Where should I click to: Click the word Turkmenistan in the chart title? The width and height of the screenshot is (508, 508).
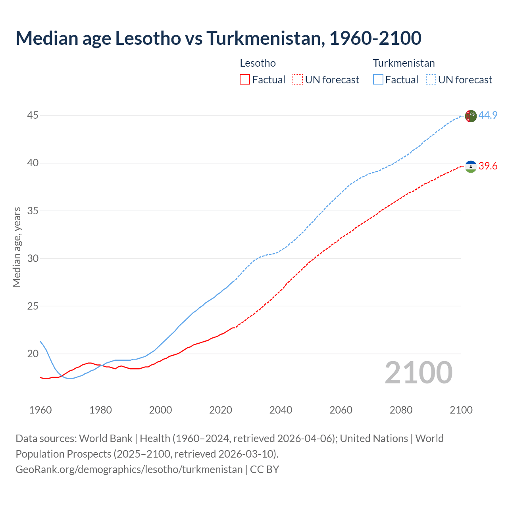click(x=264, y=38)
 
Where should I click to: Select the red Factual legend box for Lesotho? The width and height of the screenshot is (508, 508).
click(x=245, y=80)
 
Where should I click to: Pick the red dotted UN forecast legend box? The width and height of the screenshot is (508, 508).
click(x=298, y=80)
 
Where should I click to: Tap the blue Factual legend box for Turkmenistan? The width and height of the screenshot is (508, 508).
click(x=378, y=80)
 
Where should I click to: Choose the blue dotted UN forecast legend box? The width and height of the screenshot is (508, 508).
click(x=431, y=80)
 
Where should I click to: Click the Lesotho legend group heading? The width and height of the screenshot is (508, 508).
click(x=258, y=63)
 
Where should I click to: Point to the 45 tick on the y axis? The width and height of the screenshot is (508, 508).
click(x=33, y=115)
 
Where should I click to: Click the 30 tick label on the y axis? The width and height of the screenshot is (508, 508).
click(x=33, y=258)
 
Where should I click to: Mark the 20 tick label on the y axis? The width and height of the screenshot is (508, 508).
click(x=33, y=354)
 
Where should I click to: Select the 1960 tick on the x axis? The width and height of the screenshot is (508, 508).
click(x=40, y=410)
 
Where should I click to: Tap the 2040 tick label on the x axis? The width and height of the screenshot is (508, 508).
click(x=281, y=410)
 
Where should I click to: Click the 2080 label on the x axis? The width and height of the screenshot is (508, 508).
click(x=401, y=410)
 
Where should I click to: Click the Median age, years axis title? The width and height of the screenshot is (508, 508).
click(x=17, y=247)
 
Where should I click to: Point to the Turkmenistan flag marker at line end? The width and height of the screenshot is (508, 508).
click(x=470, y=116)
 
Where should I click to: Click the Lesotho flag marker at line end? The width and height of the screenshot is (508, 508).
click(x=470, y=167)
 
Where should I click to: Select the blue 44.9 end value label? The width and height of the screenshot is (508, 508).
click(x=488, y=115)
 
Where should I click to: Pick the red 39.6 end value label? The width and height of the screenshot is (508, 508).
click(x=488, y=166)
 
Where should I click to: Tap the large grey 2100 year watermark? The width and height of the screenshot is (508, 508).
click(x=418, y=373)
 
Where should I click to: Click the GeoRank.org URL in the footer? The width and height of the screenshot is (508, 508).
click(x=129, y=469)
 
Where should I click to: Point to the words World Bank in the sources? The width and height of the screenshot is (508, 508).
click(x=106, y=438)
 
